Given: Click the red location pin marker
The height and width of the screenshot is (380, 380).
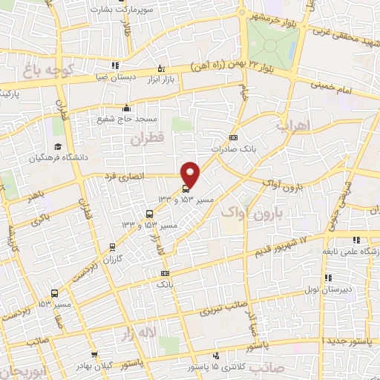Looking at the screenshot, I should (x=191, y=174).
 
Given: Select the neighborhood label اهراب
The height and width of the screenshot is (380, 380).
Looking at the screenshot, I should (x=292, y=126).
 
